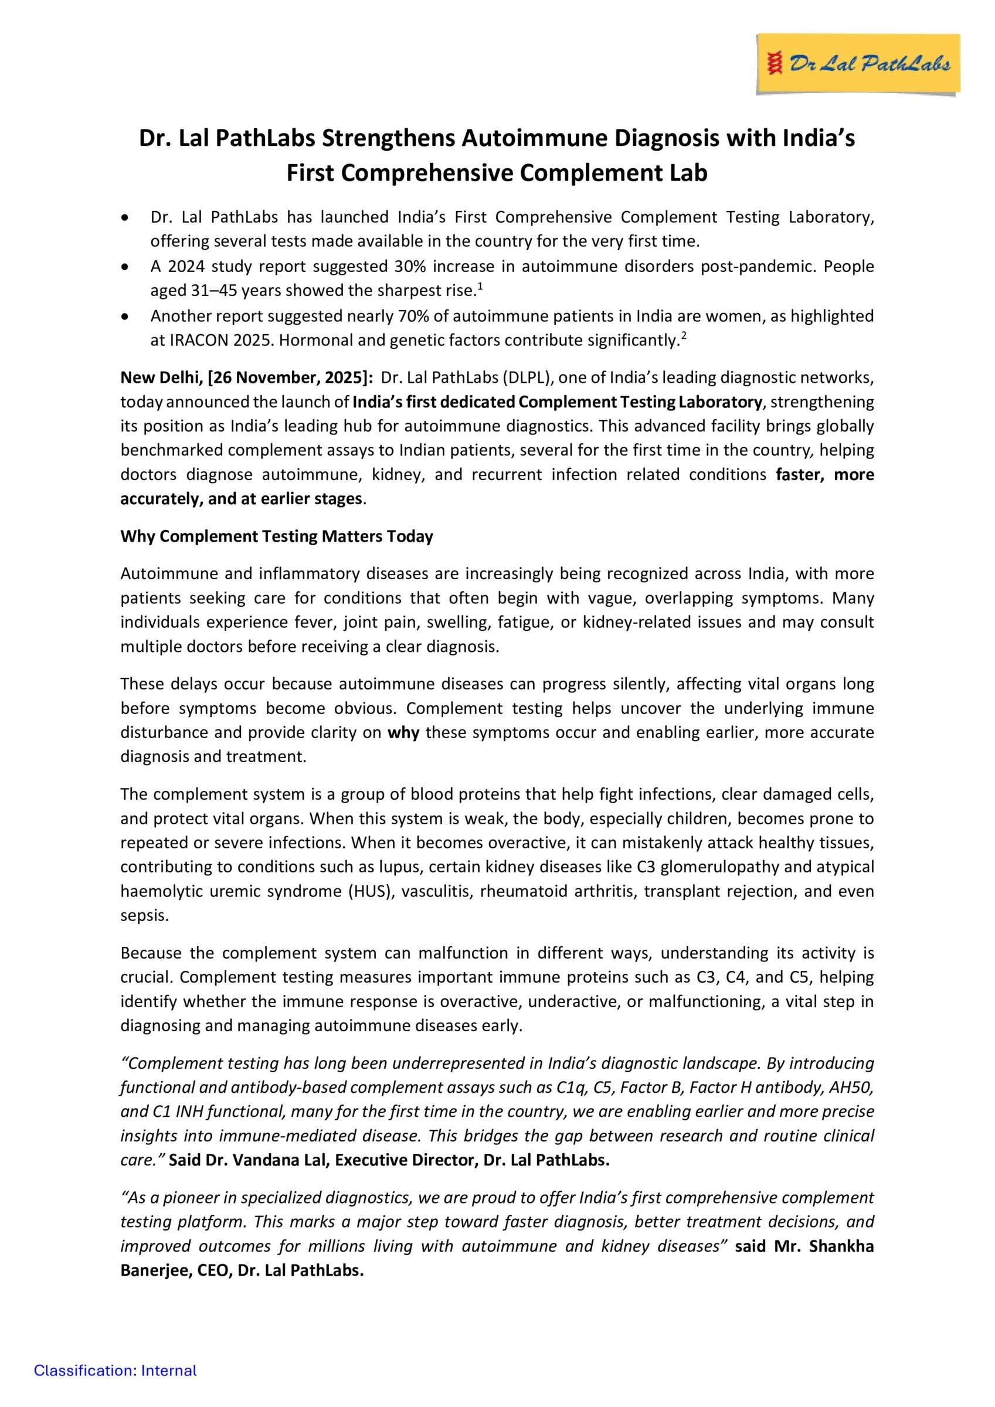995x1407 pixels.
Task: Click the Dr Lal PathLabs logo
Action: pyautogui.click(x=858, y=64)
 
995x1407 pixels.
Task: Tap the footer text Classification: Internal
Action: pyautogui.click(x=116, y=1370)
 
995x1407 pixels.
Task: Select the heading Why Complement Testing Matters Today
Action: pyautogui.click(x=277, y=536)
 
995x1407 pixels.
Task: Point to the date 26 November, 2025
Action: pyautogui.click(x=285, y=378)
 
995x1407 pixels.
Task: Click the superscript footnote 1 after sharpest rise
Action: pyautogui.click(x=480, y=286)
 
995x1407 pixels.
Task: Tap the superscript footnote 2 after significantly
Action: pyautogui.click(x=684, y=336)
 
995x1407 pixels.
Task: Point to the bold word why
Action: pyautogui.click(x=403, y=732)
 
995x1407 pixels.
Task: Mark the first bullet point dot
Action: pyautogui.click(x=125, y=217)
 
